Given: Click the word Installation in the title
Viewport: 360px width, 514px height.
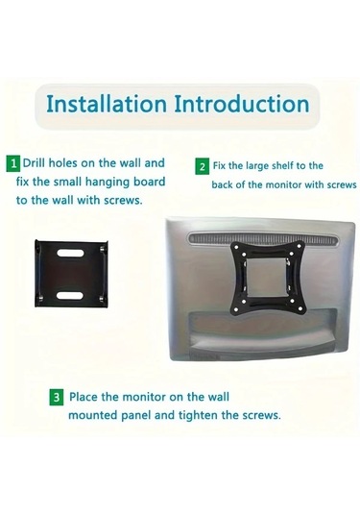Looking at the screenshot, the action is [x=107, y=104].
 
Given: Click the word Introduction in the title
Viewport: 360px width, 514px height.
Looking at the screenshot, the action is [x=241, y=104].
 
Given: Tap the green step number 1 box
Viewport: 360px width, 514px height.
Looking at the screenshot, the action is [x=13, y=164].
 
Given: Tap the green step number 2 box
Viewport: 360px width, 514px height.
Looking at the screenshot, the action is [x=202, y=166].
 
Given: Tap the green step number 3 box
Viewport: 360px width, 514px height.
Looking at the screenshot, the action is [x=57, y=398].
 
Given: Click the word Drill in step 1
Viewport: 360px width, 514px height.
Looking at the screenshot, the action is [x=34, y=163].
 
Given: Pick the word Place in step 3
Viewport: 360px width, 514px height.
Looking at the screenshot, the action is [x=84, y=397].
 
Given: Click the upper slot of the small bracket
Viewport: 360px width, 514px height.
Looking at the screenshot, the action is [x=70, y=253].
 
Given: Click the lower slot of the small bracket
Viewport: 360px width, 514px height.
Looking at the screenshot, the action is [x=70, y=295].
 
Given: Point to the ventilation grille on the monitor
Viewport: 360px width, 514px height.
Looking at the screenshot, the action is [x=262, y=238].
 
